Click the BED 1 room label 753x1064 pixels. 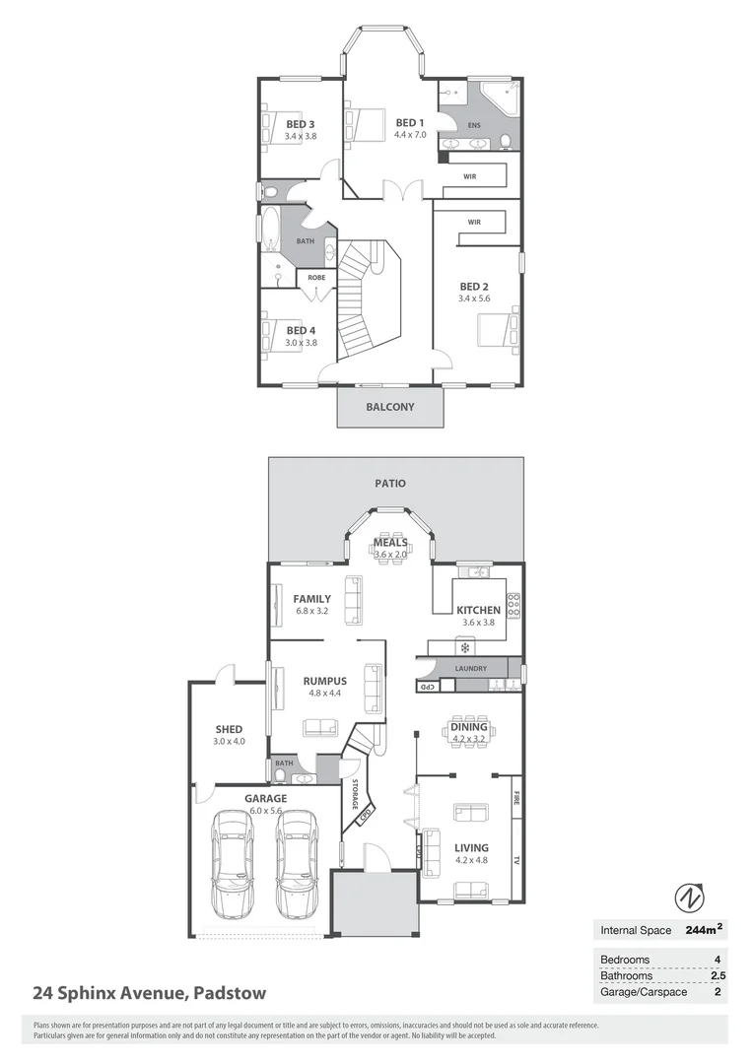[x=410, y=122]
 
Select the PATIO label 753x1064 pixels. [x=390, y=484]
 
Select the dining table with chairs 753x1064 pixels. [x=467, y=731]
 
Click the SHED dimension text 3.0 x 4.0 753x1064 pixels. [x=229, y=741]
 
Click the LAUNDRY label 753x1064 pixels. [x=470, y=669]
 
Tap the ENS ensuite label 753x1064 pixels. [x=473, y=125]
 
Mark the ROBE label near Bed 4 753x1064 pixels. [x=316, y=278]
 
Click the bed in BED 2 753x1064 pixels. [x=497, y=329]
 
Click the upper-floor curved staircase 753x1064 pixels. [x=367, y=300]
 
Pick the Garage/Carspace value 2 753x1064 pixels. [x=718, y=991]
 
